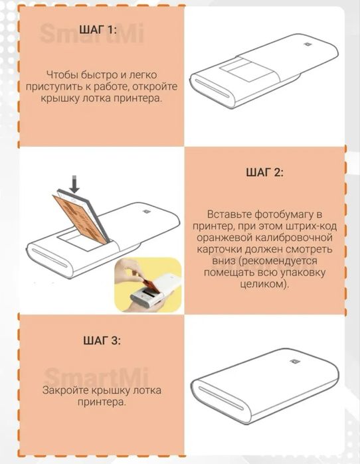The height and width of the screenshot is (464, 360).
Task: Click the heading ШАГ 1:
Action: pyautogui.click(x=98, y=30)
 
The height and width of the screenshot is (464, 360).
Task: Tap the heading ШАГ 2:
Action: pyautogui.click(x=264, y=172)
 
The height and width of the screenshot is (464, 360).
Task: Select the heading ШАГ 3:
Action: pyautogui.click(x=102, y=341)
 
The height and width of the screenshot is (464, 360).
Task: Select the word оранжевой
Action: pyautogui.click(x=225, y=238)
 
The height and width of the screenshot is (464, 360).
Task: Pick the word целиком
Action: pyautogui.click(x=264, y=284)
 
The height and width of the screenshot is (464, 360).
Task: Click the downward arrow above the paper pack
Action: pyautogui.click(x=75, y=185)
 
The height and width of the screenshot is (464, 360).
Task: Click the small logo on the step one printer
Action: pyautogui.click(x=307, y=45)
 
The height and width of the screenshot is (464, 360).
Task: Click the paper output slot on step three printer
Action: pyautogui.click(x=221, y=398)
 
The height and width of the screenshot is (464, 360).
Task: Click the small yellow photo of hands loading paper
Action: pyautogui.click(x=148, y=284)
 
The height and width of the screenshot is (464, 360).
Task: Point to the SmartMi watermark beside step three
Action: pyautogui.click(x=96, y=376)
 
